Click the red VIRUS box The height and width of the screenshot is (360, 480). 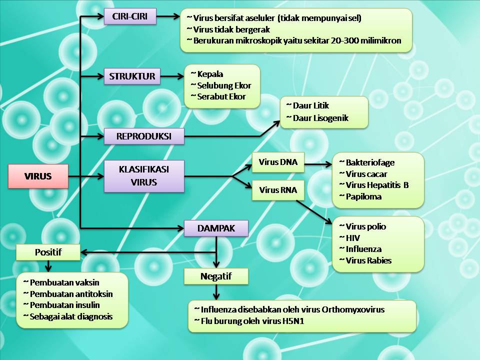tap(38, 176)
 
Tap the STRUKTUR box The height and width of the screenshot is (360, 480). tap(132, 76)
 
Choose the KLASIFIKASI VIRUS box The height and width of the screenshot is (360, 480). tap(144, 175)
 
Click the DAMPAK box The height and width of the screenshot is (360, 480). tap(216, 228)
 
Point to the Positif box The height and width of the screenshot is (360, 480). tap(48, 252)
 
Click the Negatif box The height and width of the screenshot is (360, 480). tap(216, 276)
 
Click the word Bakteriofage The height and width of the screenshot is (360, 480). tap(370, 162)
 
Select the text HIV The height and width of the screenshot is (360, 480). tap(352, 238)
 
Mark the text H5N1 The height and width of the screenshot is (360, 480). tap(289, 321)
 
